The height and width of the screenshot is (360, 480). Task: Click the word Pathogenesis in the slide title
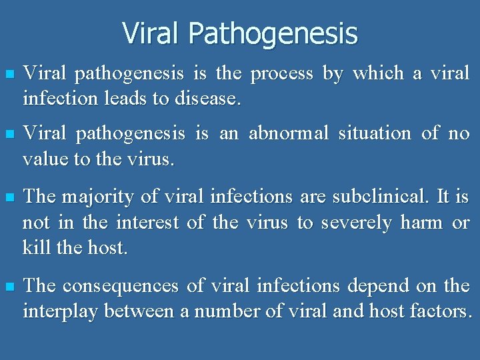pyautogui.click(x=273, y=33)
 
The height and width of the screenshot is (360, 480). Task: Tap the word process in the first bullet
pyautogui.click(x=281, y=73)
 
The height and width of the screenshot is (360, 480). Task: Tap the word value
pyautogui.click(x=42, y=159)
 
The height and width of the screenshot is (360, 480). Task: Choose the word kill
pyautogui.click(x=34, y=248)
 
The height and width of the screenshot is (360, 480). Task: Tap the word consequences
pyautogui.click(x=122, y=287)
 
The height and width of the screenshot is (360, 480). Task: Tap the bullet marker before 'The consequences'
pyautogui.click(x=8, y=287)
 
